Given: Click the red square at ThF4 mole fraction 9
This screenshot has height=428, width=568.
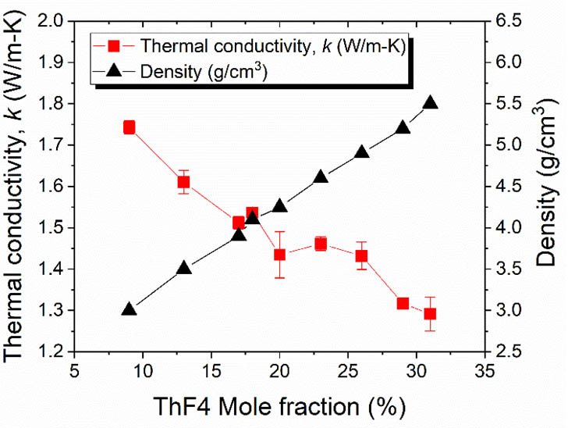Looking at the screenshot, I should tap(130, 127).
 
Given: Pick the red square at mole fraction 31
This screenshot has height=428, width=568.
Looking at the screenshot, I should tap(430, 314).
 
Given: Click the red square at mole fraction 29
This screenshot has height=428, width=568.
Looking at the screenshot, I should tap(403, 303).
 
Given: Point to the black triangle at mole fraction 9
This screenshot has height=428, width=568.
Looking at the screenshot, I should tap(130, 309).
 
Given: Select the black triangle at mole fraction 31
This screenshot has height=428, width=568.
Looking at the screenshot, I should tap(430, 103).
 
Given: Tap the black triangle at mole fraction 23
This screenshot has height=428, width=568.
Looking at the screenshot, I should tap(321, 177).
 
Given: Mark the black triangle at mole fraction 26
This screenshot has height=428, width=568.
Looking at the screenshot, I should tap(361, 152).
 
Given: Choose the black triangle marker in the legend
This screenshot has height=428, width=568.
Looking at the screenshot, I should tap(114, 71).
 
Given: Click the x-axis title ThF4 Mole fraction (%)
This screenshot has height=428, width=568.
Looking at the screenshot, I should tap(279, 406).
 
